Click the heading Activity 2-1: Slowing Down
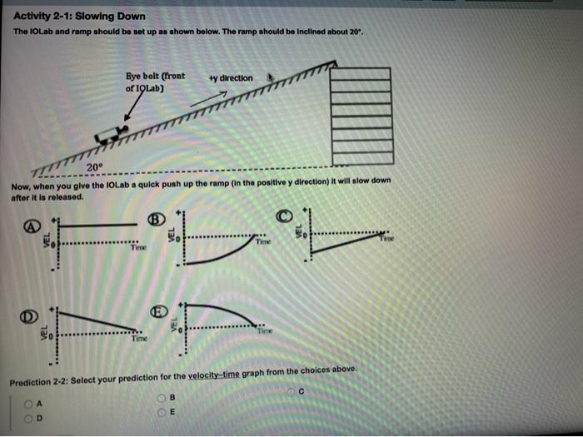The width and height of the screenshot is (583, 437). click(79, 16)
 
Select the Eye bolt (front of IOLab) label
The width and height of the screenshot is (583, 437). click(155, 81)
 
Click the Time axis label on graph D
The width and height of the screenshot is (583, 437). click(137, 340)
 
